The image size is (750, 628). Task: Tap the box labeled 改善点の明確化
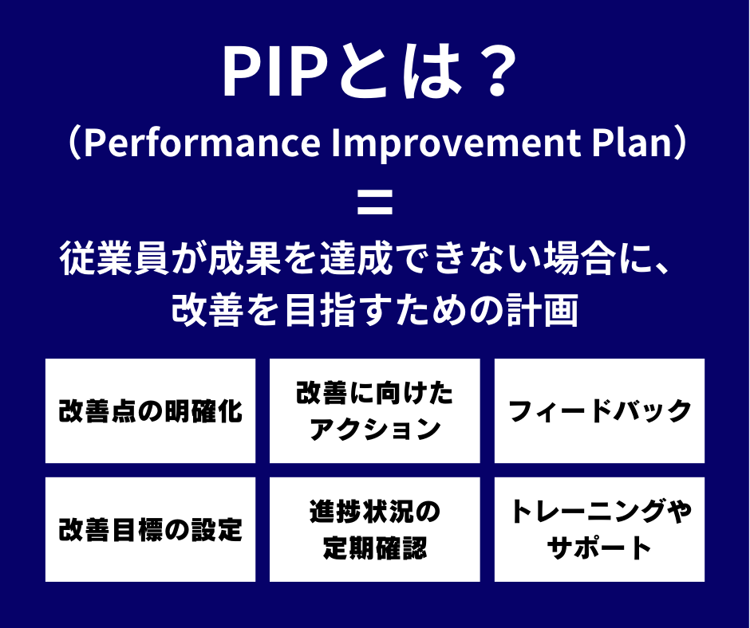click(x=151, y=411)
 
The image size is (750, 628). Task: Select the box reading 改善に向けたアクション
click(x=374, y=411)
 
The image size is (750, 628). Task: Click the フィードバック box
click(x=599, y=411)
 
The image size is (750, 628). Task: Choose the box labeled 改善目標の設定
click(x=151, y=529)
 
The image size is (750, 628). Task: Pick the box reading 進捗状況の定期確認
click(x=374, y=529)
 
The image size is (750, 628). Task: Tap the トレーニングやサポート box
click(x=599, y=529)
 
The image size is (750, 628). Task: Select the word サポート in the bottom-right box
click(x=599, y=548)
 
